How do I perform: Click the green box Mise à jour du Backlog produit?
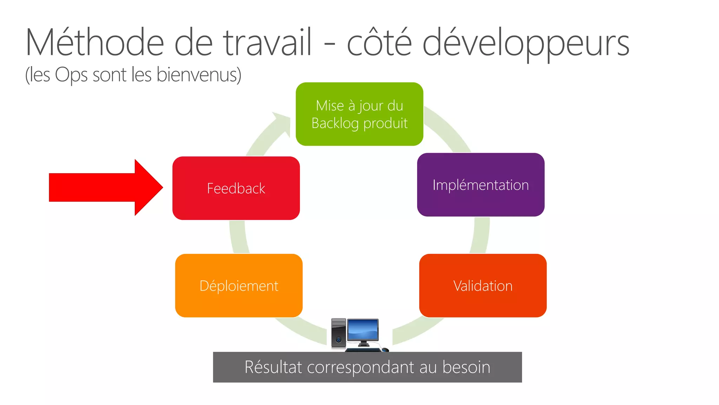(x=359, y=114)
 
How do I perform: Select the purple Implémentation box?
(x=481, y=185)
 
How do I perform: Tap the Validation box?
(x=483, y=285)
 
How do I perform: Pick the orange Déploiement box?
(x=239, y=285)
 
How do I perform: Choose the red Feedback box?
(x=236, y=188)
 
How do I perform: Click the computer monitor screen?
(x=363, y=330)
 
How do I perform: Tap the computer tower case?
(x=338, y=333)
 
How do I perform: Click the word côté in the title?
(x=379, y=43)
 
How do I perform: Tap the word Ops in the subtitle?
(x=71, y=75)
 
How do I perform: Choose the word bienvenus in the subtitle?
(x=199, y=75)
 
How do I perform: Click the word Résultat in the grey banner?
(x=273, y=367)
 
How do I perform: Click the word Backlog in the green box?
(x=335, y=123)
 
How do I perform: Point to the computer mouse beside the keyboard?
(x=385, y=349)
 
